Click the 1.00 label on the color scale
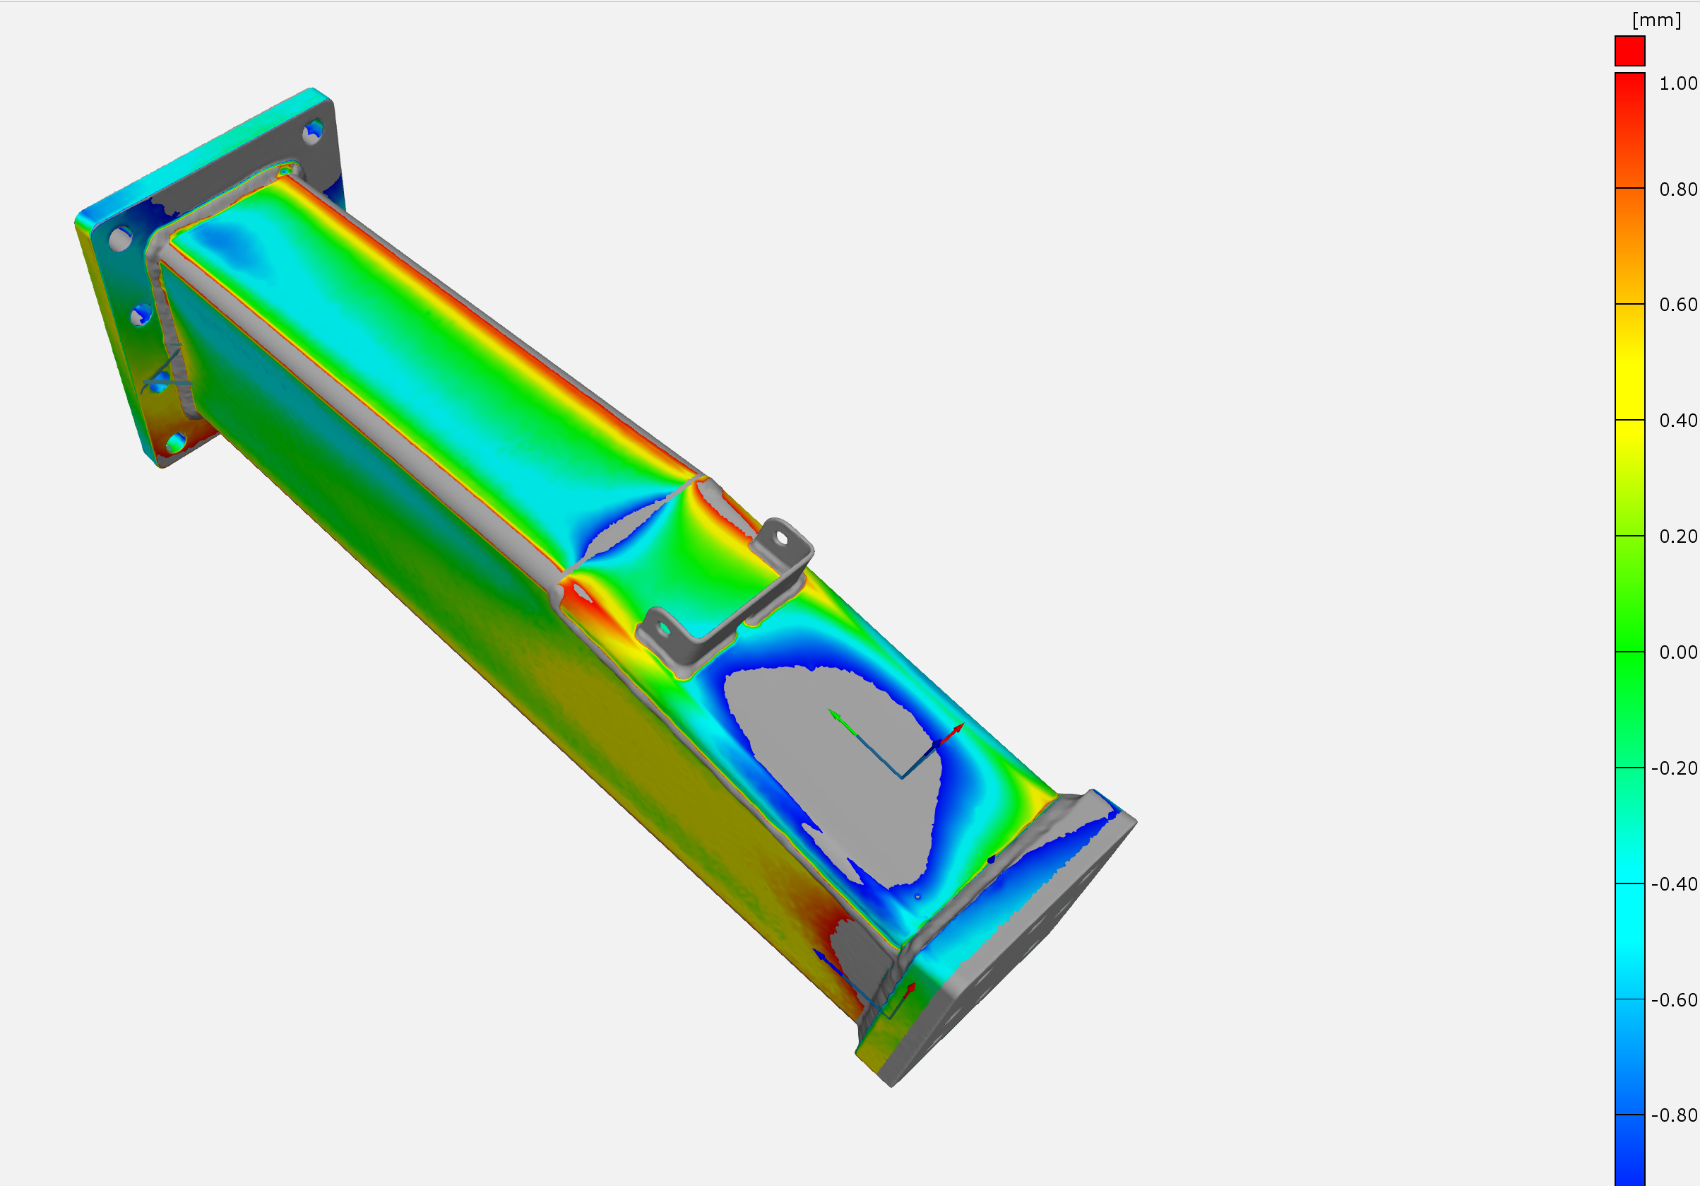pos(1678,83)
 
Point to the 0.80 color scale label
pos(1678,189)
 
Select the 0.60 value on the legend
pos(1678,305)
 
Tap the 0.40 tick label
pos(1678,421)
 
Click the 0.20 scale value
pos(1678,536)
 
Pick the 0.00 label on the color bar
pos(1678,652)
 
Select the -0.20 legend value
pos(1674,768)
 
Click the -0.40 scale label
pos(1674,884)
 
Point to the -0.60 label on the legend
pos(1674,1000)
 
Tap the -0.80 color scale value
pos(1674,1115)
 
